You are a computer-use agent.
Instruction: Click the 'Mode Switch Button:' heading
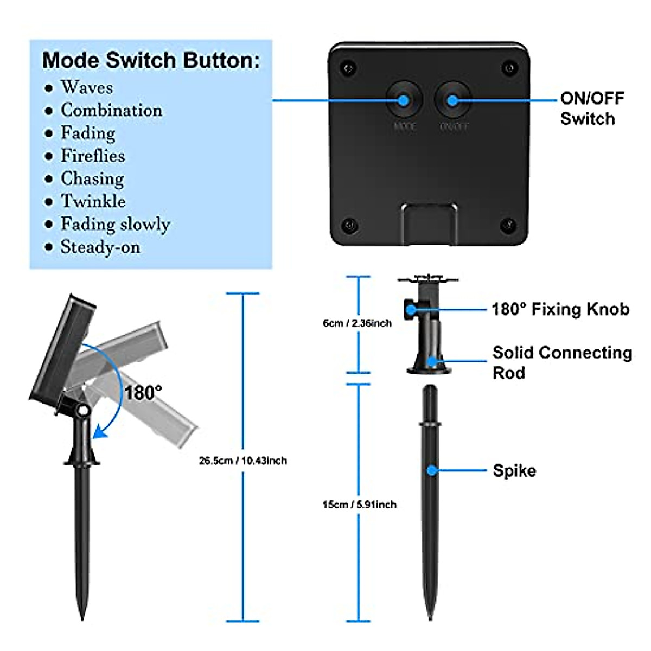(x=151, y=60)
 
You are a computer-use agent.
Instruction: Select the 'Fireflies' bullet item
(x=93, y=156)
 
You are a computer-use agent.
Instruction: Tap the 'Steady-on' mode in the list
(x=100, y=247)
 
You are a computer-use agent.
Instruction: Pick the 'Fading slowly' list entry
(x=115, y=224)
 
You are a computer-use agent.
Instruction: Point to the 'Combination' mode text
(x=111, y=110)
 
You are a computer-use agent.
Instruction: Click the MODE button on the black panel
(x=404, y=100)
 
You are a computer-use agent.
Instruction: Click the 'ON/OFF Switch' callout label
(x=592, y=108)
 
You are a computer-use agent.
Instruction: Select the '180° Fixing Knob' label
(x=560, y=309)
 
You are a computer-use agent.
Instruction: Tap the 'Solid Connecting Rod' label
(x=562, y=362)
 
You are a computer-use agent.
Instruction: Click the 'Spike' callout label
(x=514, y=470)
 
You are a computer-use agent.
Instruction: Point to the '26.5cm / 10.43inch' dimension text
(x=242, y=461)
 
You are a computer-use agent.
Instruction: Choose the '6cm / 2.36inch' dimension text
(x=357, y=323)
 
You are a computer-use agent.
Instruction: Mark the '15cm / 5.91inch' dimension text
(x=359, y=505)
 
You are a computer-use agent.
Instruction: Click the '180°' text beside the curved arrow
(x=143, y=392)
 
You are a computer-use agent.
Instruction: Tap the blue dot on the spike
(x=432, y=470)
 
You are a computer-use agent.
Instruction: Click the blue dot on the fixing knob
(x=411, y=310)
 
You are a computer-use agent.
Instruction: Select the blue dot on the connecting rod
(x=432, y=361)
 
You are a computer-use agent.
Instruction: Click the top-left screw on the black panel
(x=349, y=68)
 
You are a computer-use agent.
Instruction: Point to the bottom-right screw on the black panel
(x=508, y=224)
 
